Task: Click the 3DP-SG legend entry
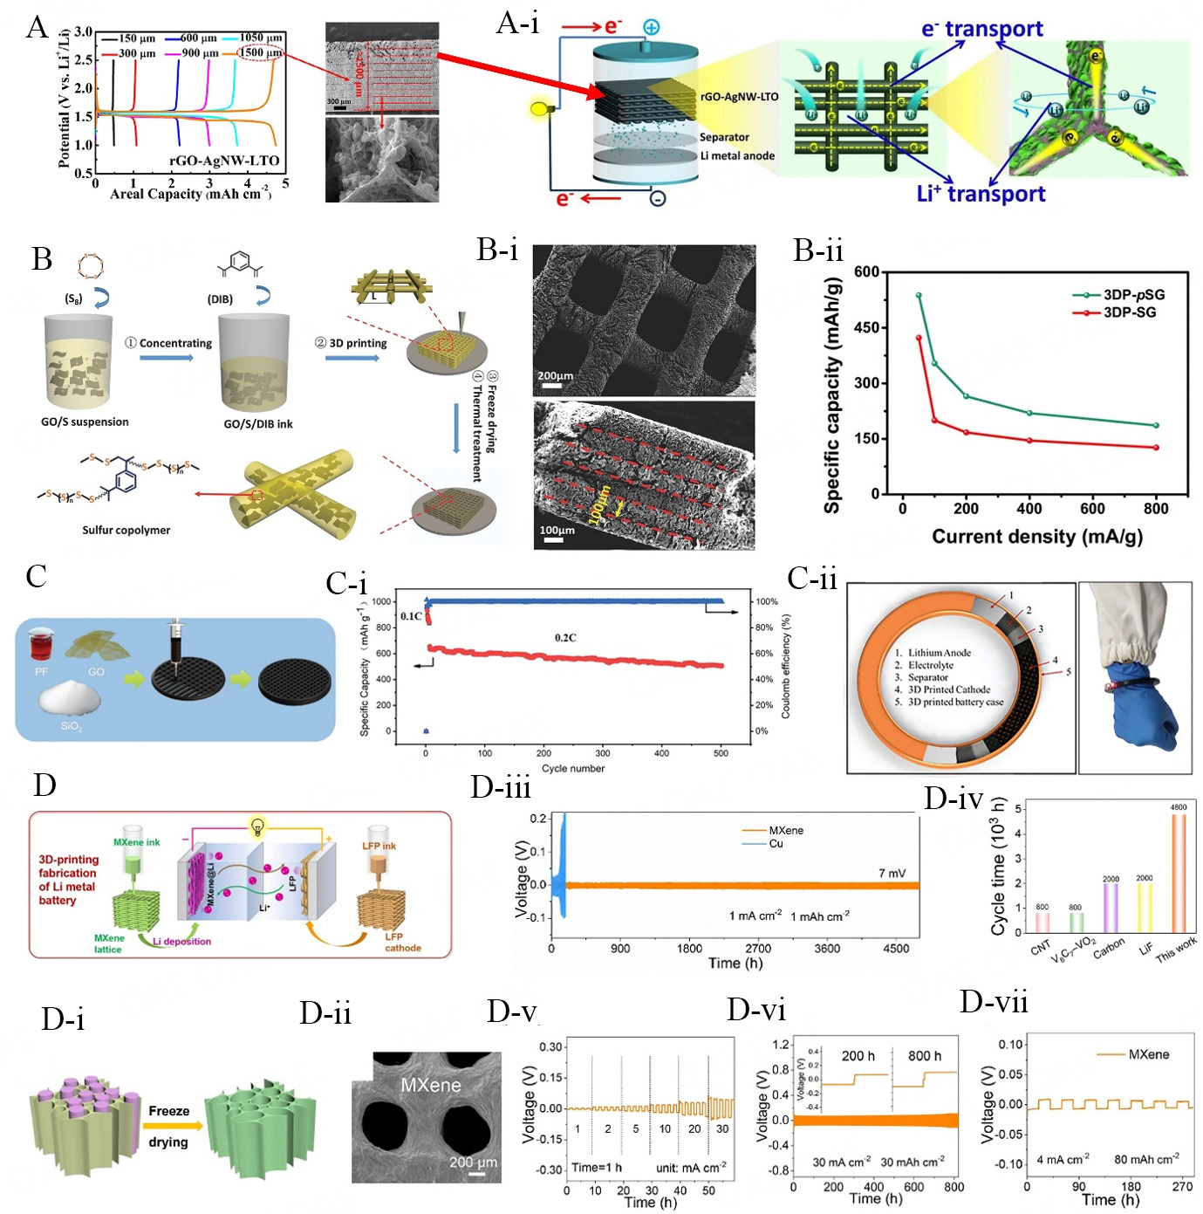[1129, 312]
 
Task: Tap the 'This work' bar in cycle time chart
[1179, 873]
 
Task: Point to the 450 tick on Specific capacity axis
[867, 327]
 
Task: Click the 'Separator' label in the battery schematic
[724, 137]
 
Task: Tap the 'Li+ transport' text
[981, 194]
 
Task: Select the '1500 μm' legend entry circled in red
[262, 53]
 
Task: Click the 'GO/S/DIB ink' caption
[258, 424]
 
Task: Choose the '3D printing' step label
[357, 343]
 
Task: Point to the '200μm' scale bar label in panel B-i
[556, 376]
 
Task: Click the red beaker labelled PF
[41, 645]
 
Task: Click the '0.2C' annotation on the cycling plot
[565, 638]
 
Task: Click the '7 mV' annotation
[892, 873]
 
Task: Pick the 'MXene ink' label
[137, 842]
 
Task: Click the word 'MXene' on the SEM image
[430, 1085]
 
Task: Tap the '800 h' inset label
[925, 1056]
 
